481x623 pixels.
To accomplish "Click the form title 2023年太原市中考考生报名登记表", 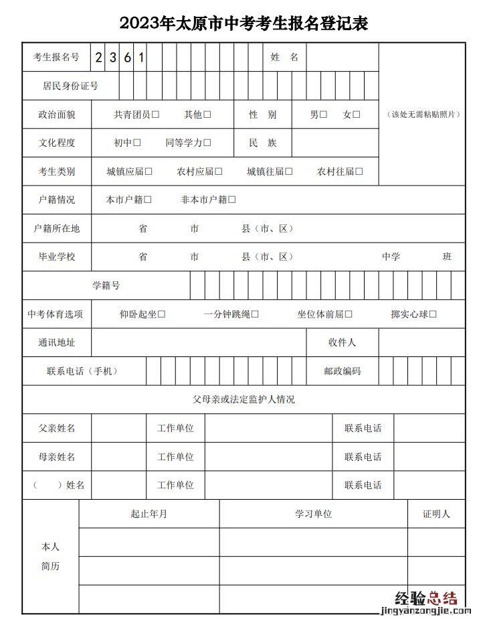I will [244, 24].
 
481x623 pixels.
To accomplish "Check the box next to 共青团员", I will [155, 115].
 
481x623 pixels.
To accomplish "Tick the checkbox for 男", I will [323, 115].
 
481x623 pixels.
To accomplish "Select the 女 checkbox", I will [357, 115].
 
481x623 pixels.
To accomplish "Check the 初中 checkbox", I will [137, 143].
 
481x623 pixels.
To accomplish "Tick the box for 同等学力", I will [207, 143].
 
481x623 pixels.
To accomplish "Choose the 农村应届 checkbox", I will [219, 171].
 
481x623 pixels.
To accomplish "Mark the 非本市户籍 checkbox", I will [232, 200].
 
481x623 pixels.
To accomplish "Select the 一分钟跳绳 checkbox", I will [255, 314].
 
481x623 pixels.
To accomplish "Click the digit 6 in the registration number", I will [126, 58].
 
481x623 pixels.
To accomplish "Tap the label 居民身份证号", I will [70, 86].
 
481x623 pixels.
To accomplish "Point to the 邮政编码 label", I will [343, 371].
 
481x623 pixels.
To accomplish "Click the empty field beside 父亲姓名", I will [118, 428].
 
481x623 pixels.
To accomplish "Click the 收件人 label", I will [342, 342].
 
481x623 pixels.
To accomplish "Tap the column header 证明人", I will [436, 514].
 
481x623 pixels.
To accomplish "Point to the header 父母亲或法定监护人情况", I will [244, 400].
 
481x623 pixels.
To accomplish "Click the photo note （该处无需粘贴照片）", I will [422, 115].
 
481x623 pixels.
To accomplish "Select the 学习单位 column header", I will [313, 514].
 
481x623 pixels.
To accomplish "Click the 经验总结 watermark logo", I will [425, 598].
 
